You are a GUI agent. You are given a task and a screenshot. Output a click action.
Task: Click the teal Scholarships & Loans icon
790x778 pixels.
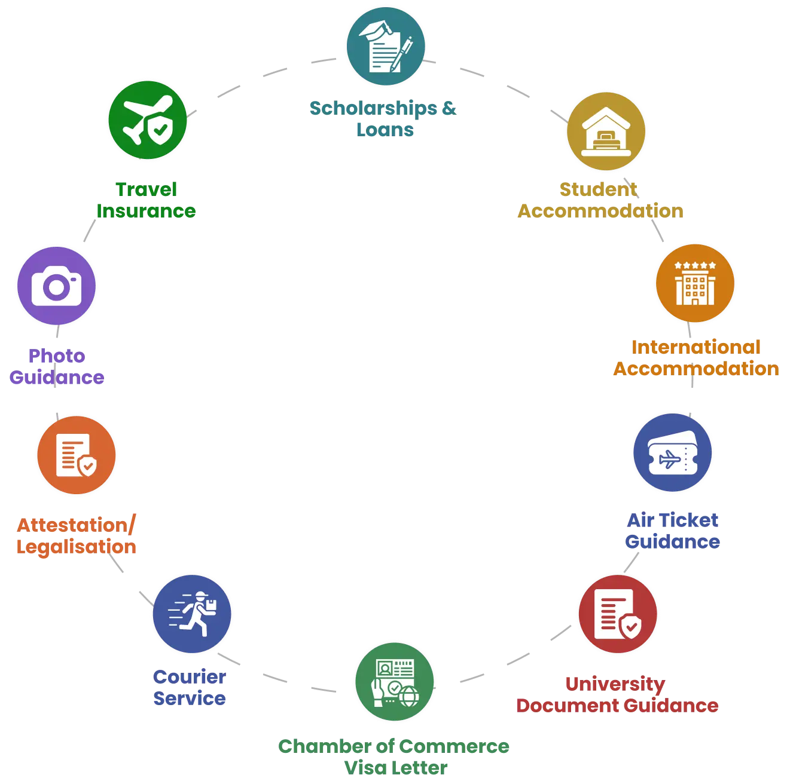(386, 47)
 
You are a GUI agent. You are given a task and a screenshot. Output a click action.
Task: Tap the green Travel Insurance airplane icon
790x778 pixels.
(148, 121)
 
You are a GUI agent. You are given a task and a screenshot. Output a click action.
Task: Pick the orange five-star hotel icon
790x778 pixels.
(695, 283)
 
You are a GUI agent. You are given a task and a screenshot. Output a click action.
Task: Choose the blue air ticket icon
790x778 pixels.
(673, 454)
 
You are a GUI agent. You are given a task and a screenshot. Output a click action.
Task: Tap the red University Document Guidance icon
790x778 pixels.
(618, 615)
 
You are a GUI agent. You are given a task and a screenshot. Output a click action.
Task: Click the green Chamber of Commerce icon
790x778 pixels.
(395, 682)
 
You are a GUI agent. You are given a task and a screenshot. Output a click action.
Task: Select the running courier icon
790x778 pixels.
(193, 615)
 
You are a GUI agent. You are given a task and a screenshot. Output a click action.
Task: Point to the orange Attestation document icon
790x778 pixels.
(77, 456)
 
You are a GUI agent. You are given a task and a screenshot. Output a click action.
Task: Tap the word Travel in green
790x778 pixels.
(147, 189)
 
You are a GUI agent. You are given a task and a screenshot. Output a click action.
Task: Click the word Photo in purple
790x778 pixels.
(57, 356)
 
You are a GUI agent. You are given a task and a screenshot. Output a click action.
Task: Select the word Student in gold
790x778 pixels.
(599, 189)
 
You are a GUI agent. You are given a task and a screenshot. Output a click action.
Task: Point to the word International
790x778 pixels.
(696, 347)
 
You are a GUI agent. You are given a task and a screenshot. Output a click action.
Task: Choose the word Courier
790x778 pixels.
(190, 676)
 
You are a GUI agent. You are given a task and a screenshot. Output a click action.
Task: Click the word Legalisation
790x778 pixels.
(77, 547)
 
